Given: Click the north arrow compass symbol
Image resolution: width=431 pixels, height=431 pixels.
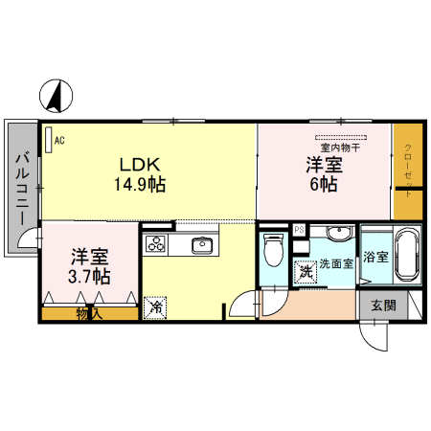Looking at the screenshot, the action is tap(56, 96).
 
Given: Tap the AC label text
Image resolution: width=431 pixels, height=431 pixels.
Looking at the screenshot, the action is tap(59, 141).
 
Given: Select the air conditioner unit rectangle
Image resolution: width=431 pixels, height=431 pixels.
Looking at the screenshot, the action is tap(49, 140).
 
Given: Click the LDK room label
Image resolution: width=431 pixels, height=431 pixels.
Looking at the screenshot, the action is tap(140, 165).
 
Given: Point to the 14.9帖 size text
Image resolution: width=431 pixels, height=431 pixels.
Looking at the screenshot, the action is tap(140, 184).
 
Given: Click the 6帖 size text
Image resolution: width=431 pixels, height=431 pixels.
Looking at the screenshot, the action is tap(324, 184).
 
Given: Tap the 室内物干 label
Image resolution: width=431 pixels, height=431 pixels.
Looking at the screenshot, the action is tap(340, 147).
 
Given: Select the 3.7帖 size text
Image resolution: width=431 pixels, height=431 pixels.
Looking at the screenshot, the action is tap(89, 277).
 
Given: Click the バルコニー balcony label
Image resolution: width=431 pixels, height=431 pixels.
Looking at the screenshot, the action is tap(22, 189).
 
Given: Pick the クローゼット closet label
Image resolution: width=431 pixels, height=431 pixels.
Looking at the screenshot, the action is tap(408, 170).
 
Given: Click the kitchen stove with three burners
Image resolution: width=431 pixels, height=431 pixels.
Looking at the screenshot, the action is tap(155, 244).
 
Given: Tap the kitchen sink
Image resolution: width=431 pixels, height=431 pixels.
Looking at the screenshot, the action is tap(202, 246).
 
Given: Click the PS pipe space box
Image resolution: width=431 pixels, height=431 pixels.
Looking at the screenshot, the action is tap(300, 230).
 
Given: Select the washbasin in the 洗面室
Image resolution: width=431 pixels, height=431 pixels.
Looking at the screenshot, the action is tap(340, 232).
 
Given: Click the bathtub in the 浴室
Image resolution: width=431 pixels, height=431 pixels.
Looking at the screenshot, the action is tap(408, 254).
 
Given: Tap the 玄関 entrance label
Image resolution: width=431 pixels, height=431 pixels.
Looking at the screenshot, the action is tap(383, 306).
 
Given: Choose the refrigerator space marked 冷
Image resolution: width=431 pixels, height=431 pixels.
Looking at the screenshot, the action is tap(155, 307).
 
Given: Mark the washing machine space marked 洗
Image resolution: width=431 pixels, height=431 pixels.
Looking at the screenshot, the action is tap(306, 272).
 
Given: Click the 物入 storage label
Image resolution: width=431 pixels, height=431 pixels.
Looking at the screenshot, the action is tap(89, 314).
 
